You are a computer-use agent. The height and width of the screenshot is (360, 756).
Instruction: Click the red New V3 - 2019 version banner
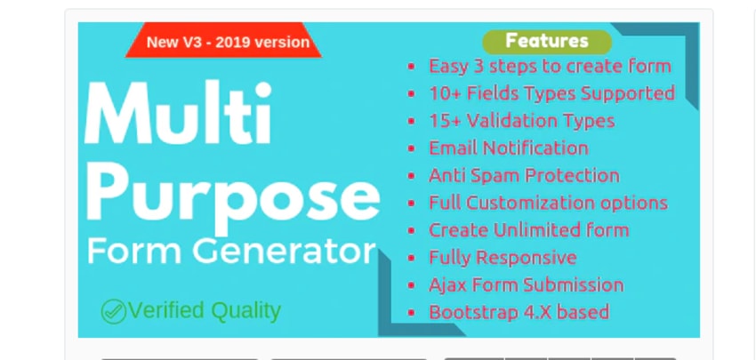pyautogui.click(x=228, y=42)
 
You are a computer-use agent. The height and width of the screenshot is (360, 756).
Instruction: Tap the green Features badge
pyautogui.click(x=546, y=41)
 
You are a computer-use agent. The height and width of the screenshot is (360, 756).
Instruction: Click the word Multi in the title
pyautogui.click(x=179, y=117)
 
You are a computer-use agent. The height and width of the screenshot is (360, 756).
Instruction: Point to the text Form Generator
pyautogui.click(x=231, y=252)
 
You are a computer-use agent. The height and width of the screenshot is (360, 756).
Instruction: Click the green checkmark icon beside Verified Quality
pyautogui.click(x=113, y=311)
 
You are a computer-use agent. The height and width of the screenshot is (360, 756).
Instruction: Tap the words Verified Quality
pyautogui.click(x=205, y=311)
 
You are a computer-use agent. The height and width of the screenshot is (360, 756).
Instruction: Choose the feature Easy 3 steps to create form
pyautogui.click(x=550, y=66)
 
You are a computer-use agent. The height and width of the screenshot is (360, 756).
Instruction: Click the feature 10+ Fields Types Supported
pyautogui.click(x=551, y=93)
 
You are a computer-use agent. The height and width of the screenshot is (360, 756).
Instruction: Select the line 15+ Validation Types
pyautogui.click(x=521, y=121)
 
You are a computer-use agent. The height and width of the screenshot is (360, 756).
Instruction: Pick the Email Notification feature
pyautogui.click(x=508, y=148)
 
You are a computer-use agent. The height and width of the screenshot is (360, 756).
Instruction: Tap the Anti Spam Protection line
pyautogui.click(x=524, y=176)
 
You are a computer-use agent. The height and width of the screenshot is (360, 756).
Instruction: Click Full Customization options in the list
pyautogui.click(x=548, y=203)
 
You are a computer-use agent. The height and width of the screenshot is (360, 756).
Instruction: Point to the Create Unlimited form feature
pyautogui.click(x=528, y=230)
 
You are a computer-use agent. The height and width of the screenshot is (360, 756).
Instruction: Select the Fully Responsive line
pyautogui.click(x=503, y=258)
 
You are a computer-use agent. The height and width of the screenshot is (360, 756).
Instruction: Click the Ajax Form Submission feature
pyautogui.click(x=526, y=285)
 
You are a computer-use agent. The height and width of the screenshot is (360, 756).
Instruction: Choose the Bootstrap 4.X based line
pyautogui.click(x=519, y=312)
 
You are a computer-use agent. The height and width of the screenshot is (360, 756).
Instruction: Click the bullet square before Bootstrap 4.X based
pyautogui.click(x=411, y=313)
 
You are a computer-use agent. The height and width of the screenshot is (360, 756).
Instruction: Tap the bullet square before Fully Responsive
pyautogui.click(x=411, y=259)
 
